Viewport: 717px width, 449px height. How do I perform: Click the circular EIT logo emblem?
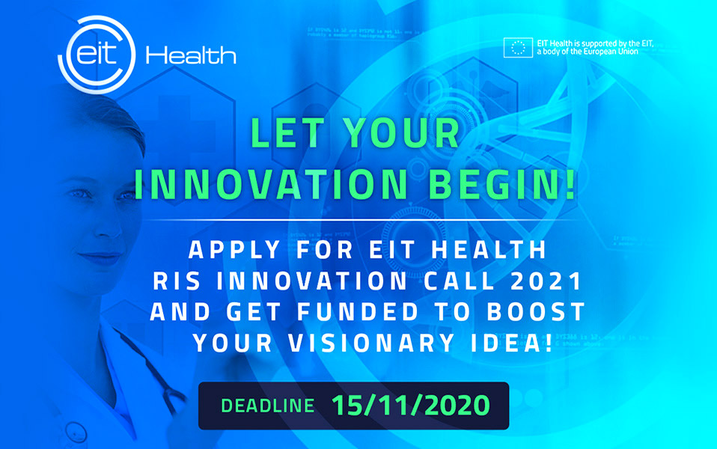pos(97,55)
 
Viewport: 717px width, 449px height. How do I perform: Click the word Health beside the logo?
pos(192,55)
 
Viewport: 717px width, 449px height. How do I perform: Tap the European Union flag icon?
pos(517,49)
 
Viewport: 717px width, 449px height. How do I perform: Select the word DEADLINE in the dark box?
pos(267,406)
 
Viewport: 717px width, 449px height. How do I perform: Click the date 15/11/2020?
pos(410,406)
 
